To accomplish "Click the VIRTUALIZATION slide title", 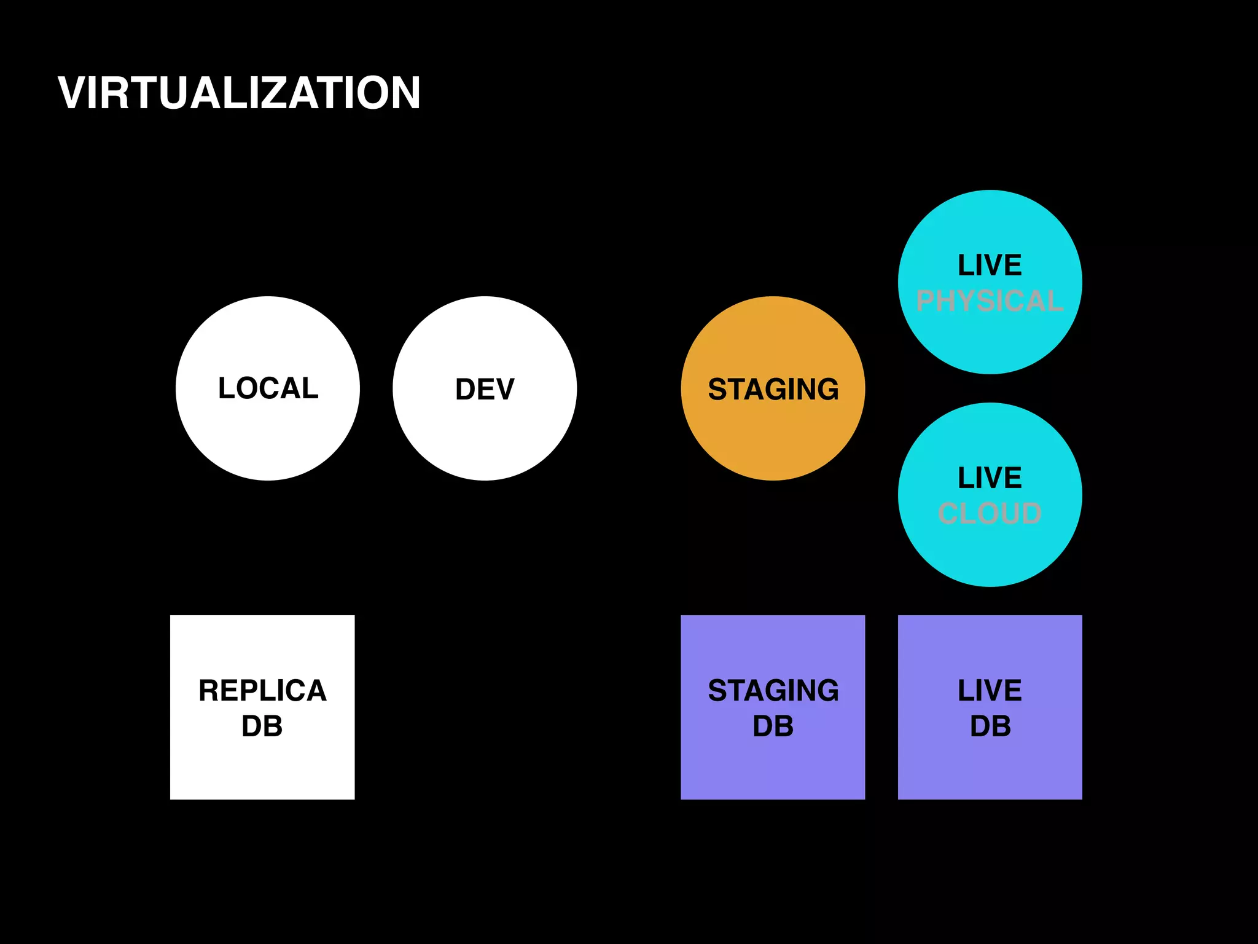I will click(x=239, y=93).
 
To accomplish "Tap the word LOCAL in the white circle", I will click(x=268, y=388).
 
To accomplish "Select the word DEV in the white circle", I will click(x=485, y=389).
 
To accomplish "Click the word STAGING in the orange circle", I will click(x=773, y=389).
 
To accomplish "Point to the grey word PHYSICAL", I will click(x=990, y=301).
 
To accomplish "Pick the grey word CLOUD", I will click(x=990, y=513).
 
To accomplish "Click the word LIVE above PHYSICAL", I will click(x=990, y=265).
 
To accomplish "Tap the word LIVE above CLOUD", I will click(x=990, y=478).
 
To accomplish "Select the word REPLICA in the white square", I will click(x=262, y=690).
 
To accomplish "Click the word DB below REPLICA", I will click(x=262, y=726).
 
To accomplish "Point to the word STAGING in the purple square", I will click(x=773, y=690).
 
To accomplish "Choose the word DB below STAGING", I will click(x=773, y=726).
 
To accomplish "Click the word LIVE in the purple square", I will click(x=990, y=690).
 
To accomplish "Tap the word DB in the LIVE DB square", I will click(x=990, y=726).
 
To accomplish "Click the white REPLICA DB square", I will click(x=262, y=768).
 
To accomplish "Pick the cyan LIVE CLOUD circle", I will click(x=990, y=553).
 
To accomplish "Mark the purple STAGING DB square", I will click(x=773, y=768).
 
